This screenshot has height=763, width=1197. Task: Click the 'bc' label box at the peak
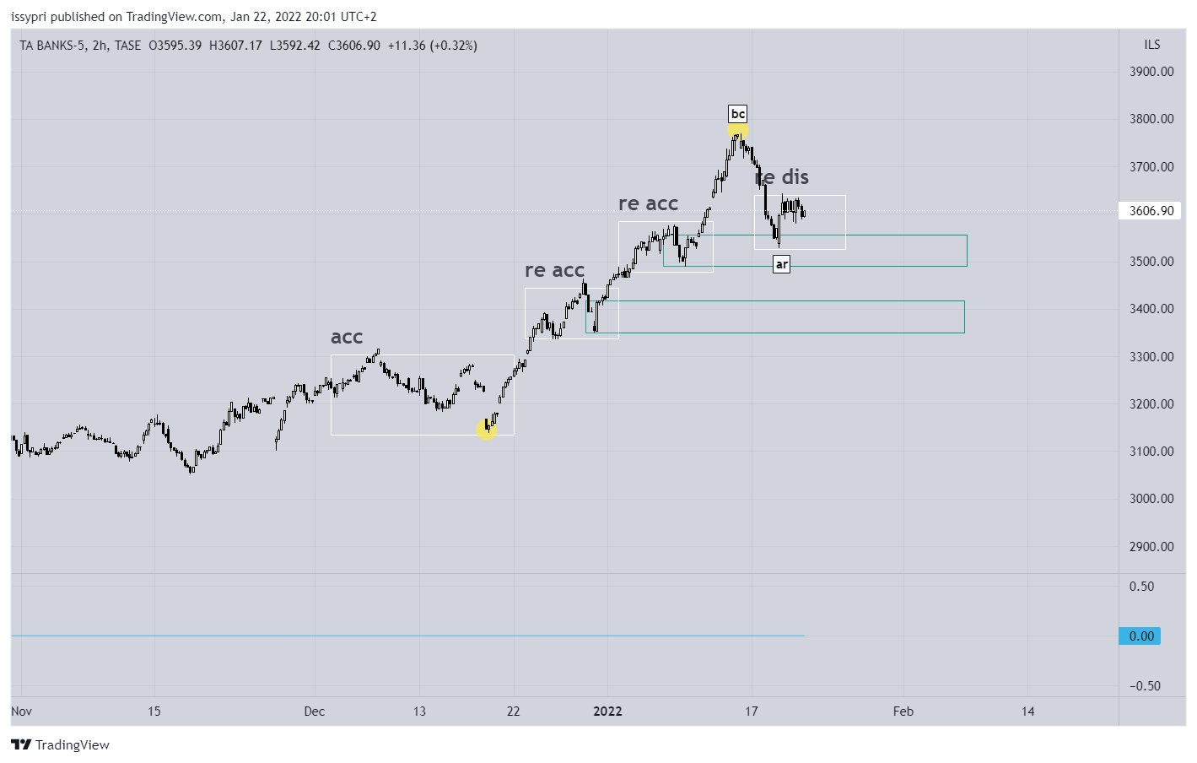tap(738, 114)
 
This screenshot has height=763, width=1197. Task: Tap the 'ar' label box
tap(782, 264)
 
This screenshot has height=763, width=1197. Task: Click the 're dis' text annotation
tap(782, 177)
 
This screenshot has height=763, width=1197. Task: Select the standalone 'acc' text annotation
tap(347, 337)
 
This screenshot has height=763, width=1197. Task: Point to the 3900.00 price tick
tap(1151, 72)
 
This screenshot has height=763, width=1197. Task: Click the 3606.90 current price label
tap(1151, 211)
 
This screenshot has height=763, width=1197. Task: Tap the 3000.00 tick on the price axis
tap(1151, 499)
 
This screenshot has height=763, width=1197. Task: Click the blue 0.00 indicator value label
tap(1141, 636)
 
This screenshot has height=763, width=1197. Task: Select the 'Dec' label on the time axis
tap(315, 712)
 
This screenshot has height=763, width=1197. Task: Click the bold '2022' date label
tap(607, 712)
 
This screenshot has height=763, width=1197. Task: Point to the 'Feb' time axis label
tap(903, 712)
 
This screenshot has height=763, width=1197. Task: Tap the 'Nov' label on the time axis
tap(22, 712)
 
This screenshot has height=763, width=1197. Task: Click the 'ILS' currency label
tap(1152, 45)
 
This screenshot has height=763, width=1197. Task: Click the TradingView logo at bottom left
tap(61, 744)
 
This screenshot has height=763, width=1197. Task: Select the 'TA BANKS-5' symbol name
tap(52, 46)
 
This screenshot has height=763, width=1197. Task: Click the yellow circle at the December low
tap(486, 430)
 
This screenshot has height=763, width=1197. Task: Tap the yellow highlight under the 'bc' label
tap(738, 131)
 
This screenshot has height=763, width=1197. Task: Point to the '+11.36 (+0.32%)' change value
tap(432, 46)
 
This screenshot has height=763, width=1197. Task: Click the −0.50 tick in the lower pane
tap(1145, 686)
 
